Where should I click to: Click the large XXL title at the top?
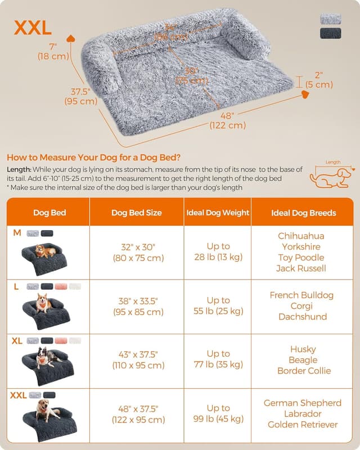[x=33, y=27]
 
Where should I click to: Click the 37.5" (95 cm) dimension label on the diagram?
[x=81, y=97]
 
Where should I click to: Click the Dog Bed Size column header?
[x=136, y=213]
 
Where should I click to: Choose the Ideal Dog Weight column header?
[x=218, y=213]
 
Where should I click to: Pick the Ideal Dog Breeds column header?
[x=303, y=213]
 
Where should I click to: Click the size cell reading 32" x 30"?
[x=136, y=253]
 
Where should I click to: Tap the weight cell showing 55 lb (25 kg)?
[x=218, y=305]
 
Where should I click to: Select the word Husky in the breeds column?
[x=303, y=349]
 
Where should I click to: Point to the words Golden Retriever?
[x=303, y=424]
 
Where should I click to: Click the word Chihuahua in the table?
[x=301, y=236]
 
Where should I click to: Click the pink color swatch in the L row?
[x=61, y=286]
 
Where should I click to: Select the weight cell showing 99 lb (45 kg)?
[x=218, y=413]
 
